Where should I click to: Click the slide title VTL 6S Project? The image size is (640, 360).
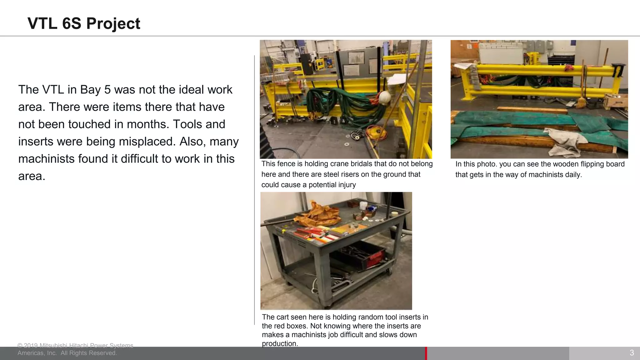[84, 23]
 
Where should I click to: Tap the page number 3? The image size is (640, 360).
[632, 353]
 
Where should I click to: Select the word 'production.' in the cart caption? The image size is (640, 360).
[280, 343]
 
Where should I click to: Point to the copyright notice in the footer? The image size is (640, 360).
[75, 349]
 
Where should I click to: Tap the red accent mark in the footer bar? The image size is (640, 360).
[426, 353]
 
